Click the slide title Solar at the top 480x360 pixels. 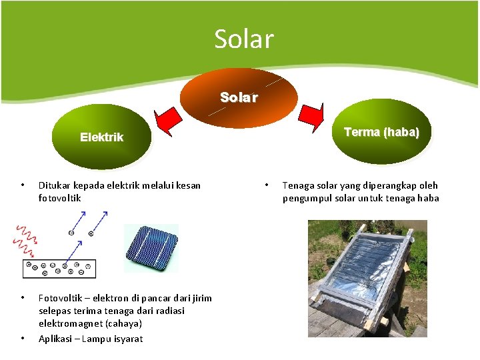[x=243, y=39]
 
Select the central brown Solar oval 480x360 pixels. [x=239, y=97]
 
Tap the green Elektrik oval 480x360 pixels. [x=101, y=137]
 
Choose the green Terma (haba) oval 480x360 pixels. [x=381, y=132]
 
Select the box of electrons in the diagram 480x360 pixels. [x=59, y=268]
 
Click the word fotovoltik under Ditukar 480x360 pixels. [x=60, y=198]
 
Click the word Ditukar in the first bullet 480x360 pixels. [x=56, y=185]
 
